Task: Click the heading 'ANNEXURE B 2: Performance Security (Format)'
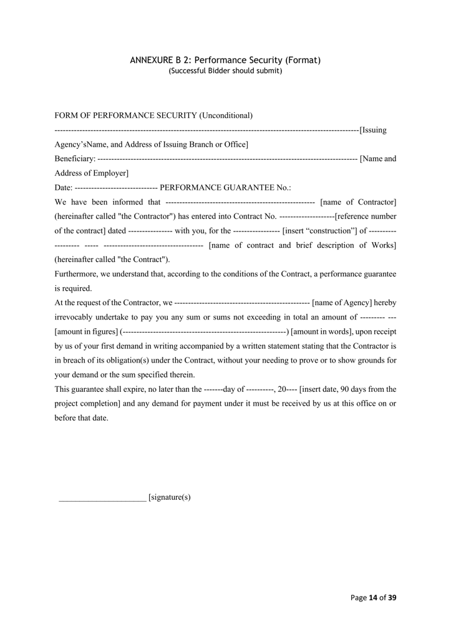[x=225, y=61]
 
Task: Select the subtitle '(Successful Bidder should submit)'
[x=225, y=71]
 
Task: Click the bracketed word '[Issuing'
[x=373, y=130]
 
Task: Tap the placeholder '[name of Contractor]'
[x=358, y=202]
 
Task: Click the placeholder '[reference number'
[x=365, y=217]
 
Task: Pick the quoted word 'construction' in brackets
[x=329, y=231]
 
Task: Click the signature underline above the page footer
[x=102, y=498]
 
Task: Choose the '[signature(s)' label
[x=170, y=497]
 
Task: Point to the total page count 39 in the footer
[x=392, y=598]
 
